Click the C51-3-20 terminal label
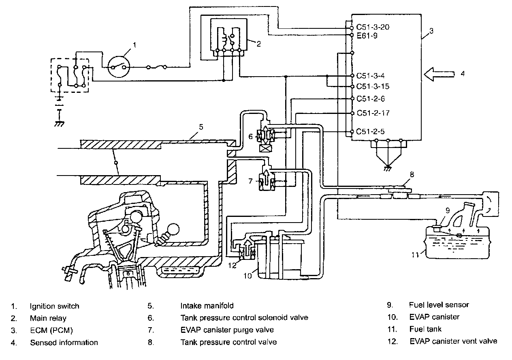(x=373, y=27)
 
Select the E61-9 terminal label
(x=367, y=36)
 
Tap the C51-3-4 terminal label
(x=370, y=76)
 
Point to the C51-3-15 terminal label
(x=373, y=86)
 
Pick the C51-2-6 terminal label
(x=371, y=99)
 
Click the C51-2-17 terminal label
(x=373, y=113)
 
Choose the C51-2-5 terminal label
(x=370, y=131)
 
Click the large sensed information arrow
(x=439, y=74)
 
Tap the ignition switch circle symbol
(x=119, y=67)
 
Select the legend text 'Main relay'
(x=48, y=318)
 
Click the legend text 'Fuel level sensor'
(x=439, y=305)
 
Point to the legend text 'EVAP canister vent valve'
(x=454, y=341)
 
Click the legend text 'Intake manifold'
(x=207, y=306)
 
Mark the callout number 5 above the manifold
(x=201, y=127)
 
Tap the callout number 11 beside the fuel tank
(x=415, y=255)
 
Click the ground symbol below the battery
(x=60, y=124)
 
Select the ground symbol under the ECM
(x=388, y=168)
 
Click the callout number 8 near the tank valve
(x=412, y=175)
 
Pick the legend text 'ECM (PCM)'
(x=51, y=330)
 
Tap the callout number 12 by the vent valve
(x=232, y=265)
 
